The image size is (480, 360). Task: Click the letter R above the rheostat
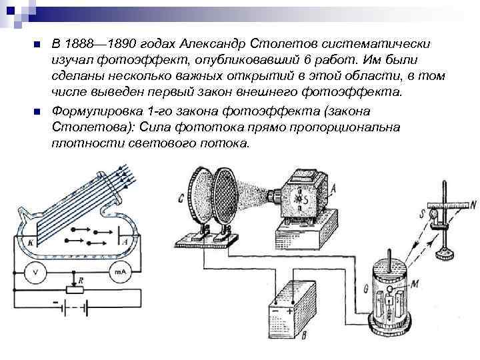[x=80, y=281]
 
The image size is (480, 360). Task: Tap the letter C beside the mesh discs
[x=181, y=197]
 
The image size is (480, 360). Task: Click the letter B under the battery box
[x=303, y=334]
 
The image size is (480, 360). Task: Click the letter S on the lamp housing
[x=307, y=198]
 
